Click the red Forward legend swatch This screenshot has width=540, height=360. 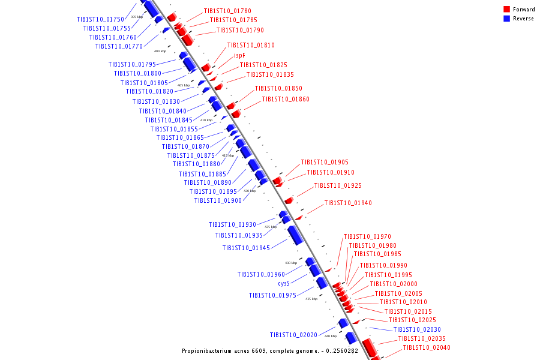[506, 10]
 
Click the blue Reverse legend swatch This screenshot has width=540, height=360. [506, 19]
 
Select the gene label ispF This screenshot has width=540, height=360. [239, 55]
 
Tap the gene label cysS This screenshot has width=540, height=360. [284, 283]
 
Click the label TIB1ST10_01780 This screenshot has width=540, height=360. [227, 11]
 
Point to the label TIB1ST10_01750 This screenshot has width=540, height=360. [100, 20]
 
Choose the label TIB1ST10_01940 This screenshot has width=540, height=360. [348, 203]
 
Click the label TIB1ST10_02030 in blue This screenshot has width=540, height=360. [417, 329]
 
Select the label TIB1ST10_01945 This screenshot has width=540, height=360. [246, 248]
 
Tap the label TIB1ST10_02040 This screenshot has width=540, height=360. [426, 347]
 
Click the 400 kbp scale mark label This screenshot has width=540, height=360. [160, 51]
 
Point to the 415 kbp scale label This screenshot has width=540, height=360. [228, 155]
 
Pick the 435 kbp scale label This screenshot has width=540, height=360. [311, 299]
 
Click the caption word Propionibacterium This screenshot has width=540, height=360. [209, 350]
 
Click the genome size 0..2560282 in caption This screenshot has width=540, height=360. [341, 350]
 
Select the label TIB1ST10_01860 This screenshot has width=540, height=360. [286, 99]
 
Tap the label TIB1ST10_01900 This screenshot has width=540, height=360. [218, 200]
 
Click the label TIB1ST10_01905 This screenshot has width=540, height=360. [325, 162]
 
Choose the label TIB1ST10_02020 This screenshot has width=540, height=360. [293, 335]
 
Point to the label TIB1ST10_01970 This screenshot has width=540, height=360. [367, 236]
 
